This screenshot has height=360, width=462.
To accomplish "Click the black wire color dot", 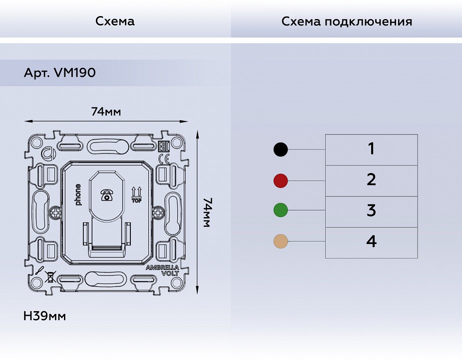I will pyautogui.click(x=281, y=149).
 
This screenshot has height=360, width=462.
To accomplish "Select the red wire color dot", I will pyautogui.click(x=281, y=180).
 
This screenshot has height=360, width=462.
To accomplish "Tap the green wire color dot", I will pyautogui.click(x=281, y=210).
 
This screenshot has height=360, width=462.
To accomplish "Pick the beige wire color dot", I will pyautogui.click(x=281, y=241).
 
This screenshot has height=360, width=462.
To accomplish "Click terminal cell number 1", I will pyautogui.click(x=371, y=149).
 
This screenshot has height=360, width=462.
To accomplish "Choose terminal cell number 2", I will pyautogui.click(x=371, y=180).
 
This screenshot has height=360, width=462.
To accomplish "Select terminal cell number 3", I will pyautogui.click(x=371, y=211).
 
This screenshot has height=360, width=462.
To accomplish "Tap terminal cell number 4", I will pyautogui.click(x=371, y=242).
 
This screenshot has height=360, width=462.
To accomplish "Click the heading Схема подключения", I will pyautogui.click(x=347, y=21).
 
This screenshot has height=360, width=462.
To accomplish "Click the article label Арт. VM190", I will pyautogui.click(x=59, y=73).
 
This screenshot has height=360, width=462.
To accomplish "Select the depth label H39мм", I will pyautogui.click(x=44, y=316).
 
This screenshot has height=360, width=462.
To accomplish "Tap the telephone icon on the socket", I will pyautogui.click(x=106, y=195).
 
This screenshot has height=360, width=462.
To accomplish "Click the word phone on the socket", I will pyautogui.click(x=78, y=194).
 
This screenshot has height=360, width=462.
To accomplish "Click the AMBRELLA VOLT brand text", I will pyautogui.click(x=162, y=270).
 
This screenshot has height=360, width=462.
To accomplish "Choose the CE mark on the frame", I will pyautogui.click(x=163, y=158).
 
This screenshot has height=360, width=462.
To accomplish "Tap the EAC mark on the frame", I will pyautogui.click(x=163, y=147).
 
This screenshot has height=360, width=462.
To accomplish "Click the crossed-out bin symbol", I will pyautogui.click(x=50, y=277).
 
